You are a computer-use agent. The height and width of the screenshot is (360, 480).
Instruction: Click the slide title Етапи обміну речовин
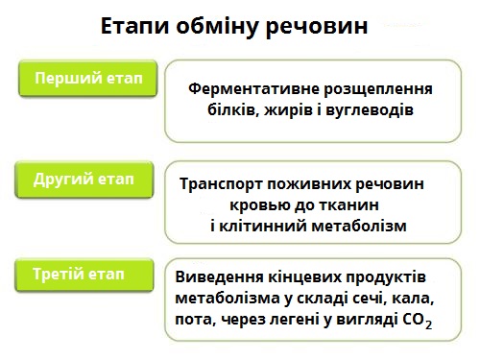(x=234, y=26)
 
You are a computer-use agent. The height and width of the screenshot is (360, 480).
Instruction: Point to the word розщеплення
(x=377, y=89)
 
